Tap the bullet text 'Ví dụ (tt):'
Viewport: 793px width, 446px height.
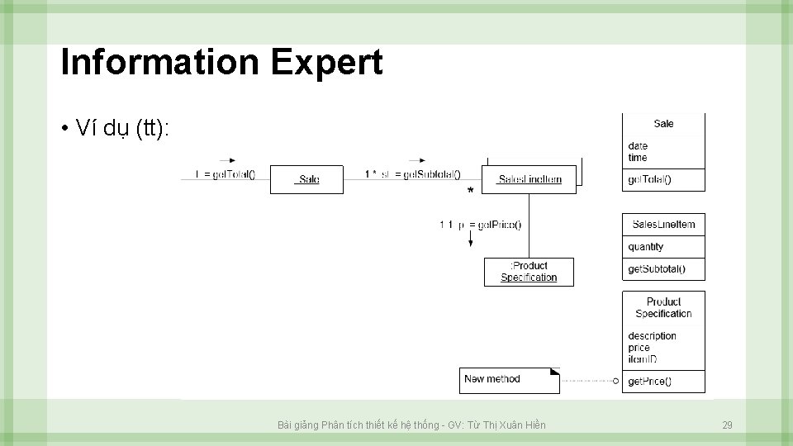point(121,128)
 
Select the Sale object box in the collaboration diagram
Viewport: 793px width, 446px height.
point(306,179)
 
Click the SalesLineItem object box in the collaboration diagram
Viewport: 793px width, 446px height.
point(529,179)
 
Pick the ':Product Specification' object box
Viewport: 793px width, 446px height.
point(529,272)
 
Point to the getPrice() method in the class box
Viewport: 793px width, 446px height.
point(649,382)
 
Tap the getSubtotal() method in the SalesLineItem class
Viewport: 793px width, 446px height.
point(656,269)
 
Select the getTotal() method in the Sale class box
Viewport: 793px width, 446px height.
point(649,180)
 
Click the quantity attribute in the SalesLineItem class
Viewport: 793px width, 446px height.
point(645,247)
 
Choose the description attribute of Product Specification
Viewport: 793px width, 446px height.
point(652,336)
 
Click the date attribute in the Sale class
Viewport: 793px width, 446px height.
point(638,146)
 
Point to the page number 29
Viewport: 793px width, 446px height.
point(727,425)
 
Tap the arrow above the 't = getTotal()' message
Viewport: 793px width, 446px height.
point(228,160)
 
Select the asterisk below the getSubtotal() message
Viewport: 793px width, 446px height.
point(470,192)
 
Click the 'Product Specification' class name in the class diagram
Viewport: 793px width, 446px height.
point(663,308)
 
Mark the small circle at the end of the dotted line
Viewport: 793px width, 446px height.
point(615,381)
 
